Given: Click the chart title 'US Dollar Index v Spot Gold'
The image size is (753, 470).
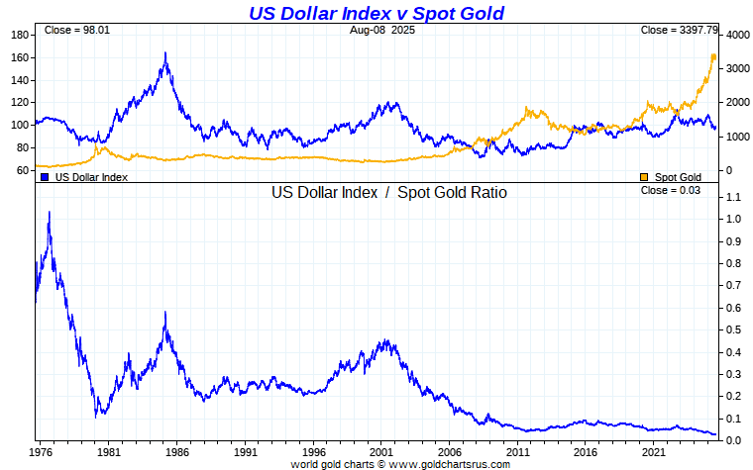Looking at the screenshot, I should tap(376, 13).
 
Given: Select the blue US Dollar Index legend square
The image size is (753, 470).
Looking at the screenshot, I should tap(45, 177).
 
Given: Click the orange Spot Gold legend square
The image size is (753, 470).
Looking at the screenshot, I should tap(645, 177).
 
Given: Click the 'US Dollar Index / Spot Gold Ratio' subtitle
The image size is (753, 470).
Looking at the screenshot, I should tap(389, 193).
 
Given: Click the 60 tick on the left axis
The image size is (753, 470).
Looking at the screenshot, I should tap(21, 170).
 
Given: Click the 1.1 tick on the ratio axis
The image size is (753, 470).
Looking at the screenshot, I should tap(733, 198).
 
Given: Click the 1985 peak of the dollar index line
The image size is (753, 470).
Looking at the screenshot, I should tap(165, 53).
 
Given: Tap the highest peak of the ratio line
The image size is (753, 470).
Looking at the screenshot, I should tap(50, 213).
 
